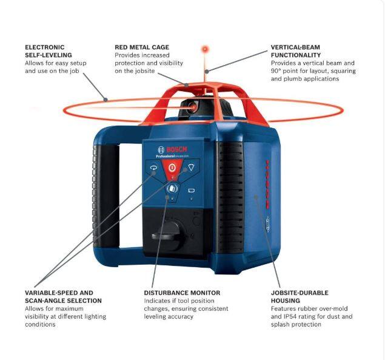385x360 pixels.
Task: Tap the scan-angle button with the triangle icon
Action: [191, 168]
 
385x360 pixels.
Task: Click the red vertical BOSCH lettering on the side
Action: [267, 177]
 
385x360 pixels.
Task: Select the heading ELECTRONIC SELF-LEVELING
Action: [44, 51]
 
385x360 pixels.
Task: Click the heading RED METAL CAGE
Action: [142, 47]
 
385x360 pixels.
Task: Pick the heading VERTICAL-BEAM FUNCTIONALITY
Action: [303, 51]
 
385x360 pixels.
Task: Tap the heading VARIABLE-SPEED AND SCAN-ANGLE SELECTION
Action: [63, 296]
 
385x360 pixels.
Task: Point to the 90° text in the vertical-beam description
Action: [276, 71]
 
